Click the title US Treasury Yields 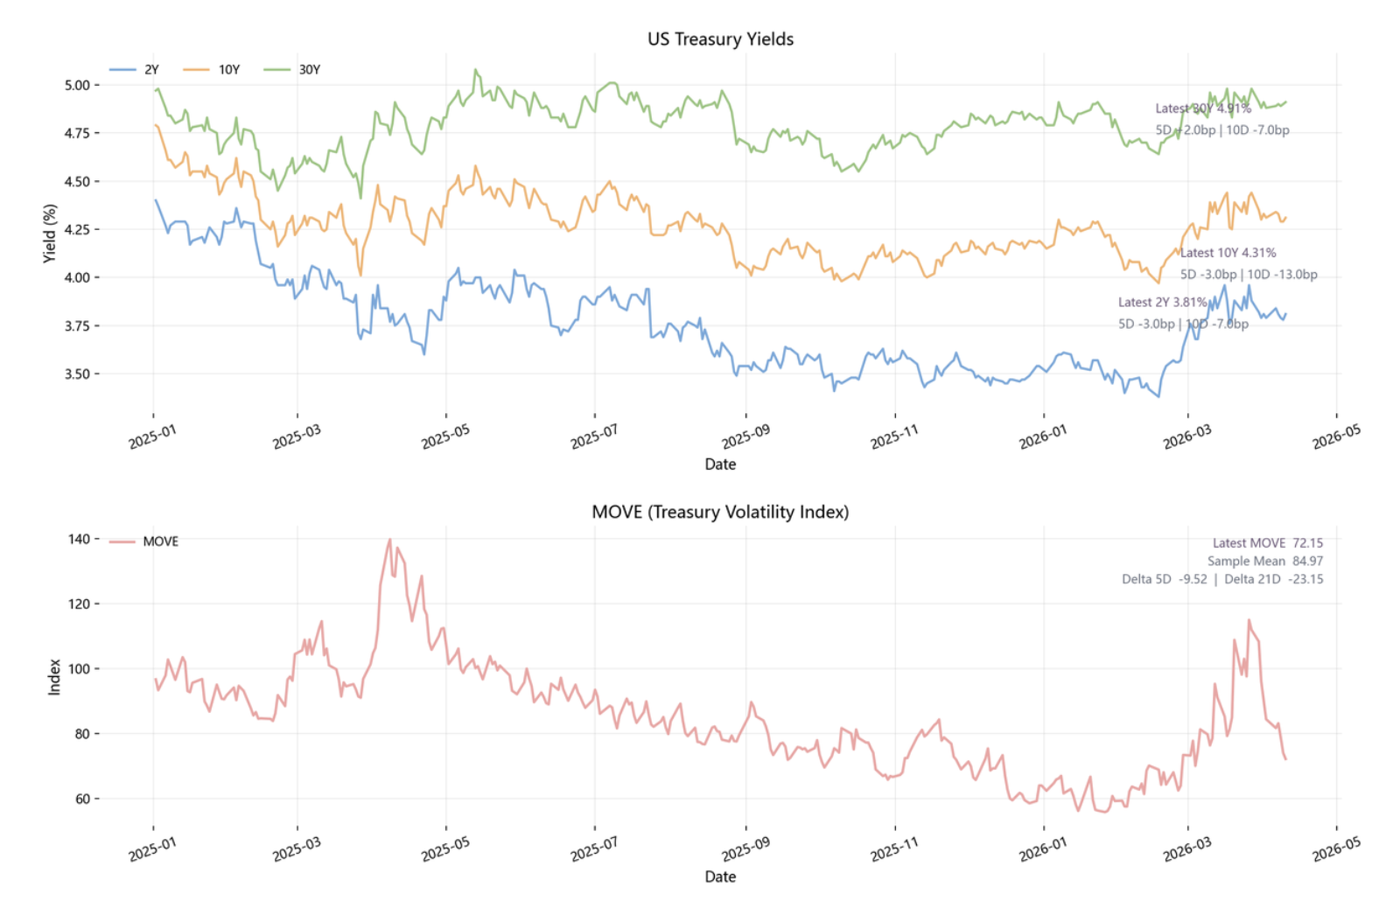[720, 39]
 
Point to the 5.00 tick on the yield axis [77, 85]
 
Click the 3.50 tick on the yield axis [77, 374]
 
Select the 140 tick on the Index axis [79, 539]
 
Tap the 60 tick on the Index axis [81, 799]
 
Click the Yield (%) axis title [50, 233]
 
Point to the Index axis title [54, 677]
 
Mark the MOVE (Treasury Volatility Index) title [720, 512]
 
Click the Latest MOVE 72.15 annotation [1267, 543]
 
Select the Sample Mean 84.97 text [1264, 562]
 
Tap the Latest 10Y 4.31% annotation [1228, 253]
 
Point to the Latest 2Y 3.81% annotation [1162, 303]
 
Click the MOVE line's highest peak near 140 [389, 539]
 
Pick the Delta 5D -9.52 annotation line [1164, 579]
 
